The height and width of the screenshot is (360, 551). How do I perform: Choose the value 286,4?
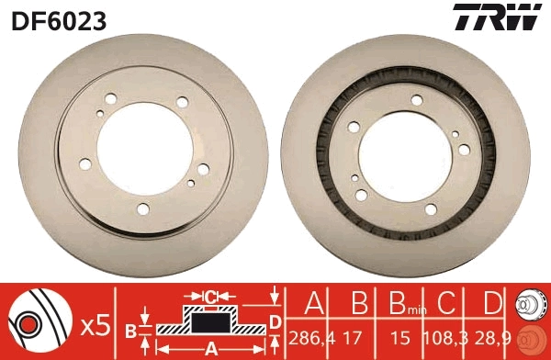click(309, 339)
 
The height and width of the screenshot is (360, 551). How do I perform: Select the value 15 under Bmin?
click(398, 339)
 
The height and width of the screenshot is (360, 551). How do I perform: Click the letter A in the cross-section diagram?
click(210, 348)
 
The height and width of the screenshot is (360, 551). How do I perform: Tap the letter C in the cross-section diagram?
click(210, 297)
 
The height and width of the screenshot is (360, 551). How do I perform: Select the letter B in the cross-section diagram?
click(130, 330)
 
